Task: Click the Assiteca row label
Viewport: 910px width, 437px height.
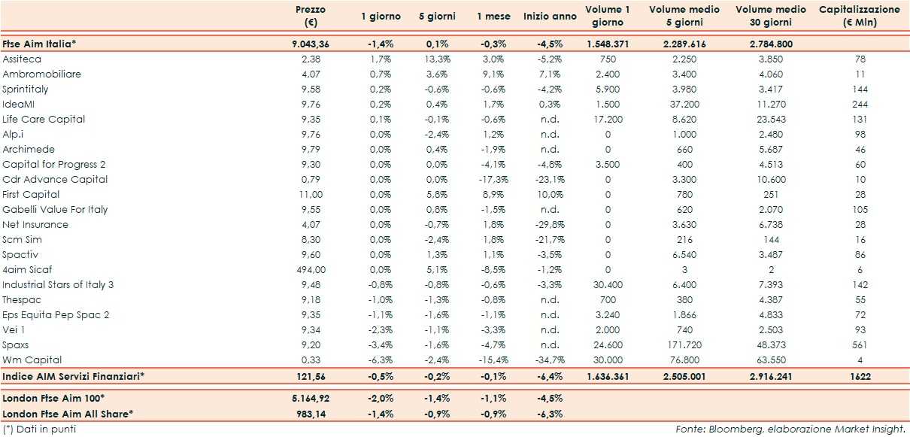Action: pyautogui.click(x=22, y=59)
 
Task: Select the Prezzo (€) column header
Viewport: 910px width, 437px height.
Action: pyautogui.click(x=310, y=16)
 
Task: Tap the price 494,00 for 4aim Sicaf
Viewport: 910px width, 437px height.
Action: pyautogui.click(x=310, y=269)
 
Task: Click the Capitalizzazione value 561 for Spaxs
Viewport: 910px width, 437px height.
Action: pyautogui.click(x=860, y=344)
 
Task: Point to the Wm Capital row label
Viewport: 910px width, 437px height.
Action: pyautogui.click(x=32, y=360)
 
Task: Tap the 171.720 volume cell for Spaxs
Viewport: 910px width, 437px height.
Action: pyautogui.click(x=684, y=344)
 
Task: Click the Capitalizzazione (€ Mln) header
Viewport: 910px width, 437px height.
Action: pyautogui.click(x=859, y=16)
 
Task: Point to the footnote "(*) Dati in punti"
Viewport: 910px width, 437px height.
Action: pyautogui.click(x=39, y=429)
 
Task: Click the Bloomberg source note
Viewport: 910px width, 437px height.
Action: pyautogui.click(x=789, y=429)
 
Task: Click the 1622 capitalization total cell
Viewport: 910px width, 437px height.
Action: pyautogui.click(x=860, y=375)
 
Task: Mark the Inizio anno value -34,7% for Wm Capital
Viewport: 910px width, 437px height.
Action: pyautogui.click(x=550, y=360)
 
